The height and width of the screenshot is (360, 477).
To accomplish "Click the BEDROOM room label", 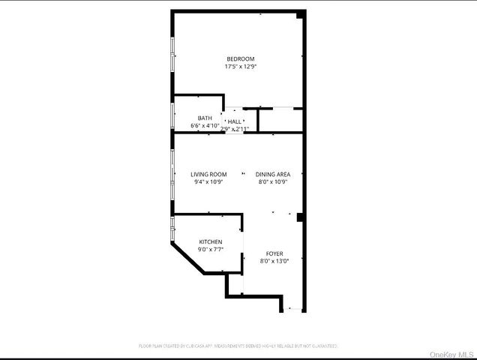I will click(240, 58).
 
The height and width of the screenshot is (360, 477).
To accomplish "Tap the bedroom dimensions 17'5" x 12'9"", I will click(240, 67).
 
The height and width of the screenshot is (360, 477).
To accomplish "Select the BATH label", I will click(205, 118).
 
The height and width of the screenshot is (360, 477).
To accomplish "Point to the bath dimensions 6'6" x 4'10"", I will click(204, 126).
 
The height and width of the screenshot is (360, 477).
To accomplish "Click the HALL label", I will click(235, 121).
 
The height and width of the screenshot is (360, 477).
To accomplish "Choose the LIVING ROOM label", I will click(208, 174).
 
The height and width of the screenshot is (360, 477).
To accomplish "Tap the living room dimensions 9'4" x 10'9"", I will click(208, 181).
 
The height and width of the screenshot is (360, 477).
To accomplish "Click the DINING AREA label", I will click(273, 174).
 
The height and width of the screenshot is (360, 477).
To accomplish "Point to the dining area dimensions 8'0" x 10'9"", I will click(273, 181).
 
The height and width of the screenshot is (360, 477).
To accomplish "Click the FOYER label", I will click(274, 253).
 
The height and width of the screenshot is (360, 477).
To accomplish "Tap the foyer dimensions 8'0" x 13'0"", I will click(274, 261).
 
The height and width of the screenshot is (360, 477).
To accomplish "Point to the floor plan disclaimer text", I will click(238, 346).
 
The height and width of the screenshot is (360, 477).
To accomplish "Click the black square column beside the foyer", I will click(300, 217).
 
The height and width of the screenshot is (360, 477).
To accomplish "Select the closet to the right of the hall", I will click(280, 119).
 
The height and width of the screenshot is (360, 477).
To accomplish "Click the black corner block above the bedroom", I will click(301, 14).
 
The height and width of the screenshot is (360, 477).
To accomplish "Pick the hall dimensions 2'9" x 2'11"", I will click(235, 129).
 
